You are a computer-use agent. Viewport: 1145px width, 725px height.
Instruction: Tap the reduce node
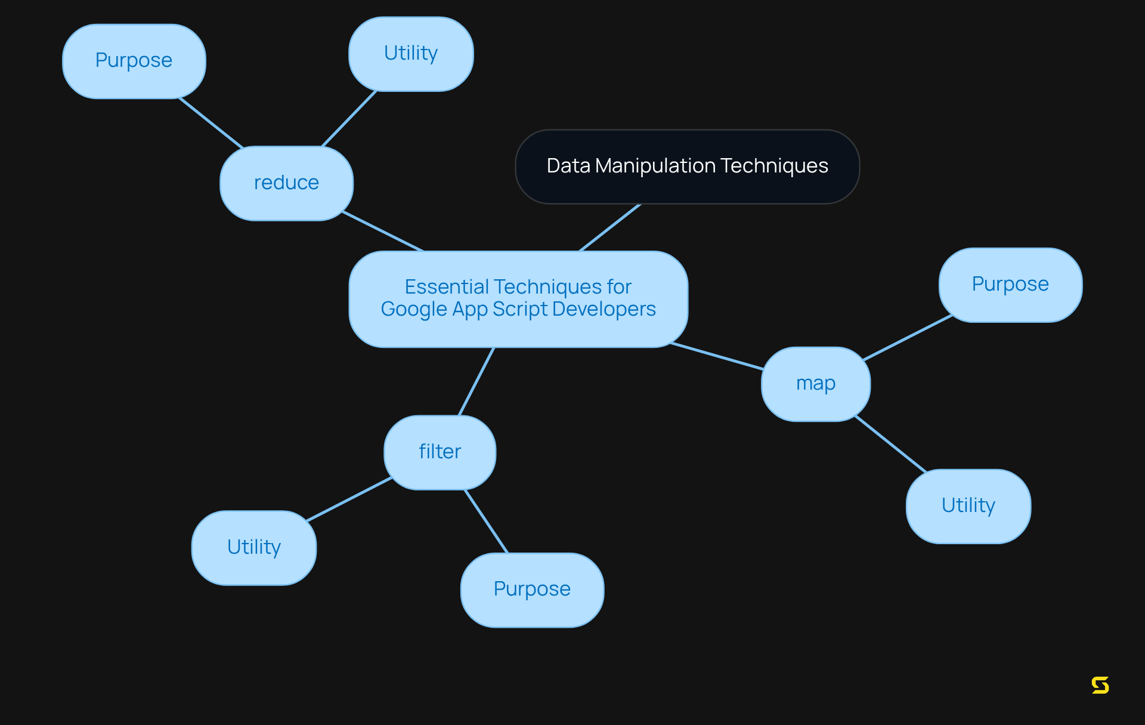pos(286,183)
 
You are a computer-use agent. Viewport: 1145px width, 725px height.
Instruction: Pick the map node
pos(815,384)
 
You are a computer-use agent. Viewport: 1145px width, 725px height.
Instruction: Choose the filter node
pos(440,452)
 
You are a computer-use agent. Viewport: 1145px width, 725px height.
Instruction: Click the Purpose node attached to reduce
pos(134,61)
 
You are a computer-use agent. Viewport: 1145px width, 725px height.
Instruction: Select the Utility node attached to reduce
pos(411,54)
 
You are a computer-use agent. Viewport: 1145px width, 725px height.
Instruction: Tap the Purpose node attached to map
pos(1010,285)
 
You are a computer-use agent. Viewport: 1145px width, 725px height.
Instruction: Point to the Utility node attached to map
pos(968,506)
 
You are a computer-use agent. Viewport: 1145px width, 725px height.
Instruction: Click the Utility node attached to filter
pos(253,547)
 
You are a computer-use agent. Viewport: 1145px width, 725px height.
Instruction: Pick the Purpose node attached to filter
pos(532,590)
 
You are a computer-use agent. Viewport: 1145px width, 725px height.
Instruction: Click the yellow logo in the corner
pos(1100,685)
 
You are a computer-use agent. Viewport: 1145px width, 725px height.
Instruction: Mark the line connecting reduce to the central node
pos(383,231)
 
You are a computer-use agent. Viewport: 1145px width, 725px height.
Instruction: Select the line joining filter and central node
pos(476,381)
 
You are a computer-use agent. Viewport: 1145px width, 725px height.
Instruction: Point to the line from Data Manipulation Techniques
pos(609,227)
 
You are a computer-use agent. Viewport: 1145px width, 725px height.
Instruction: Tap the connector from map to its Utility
pos(890,444)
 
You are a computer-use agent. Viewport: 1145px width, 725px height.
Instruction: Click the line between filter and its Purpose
pos(486,521)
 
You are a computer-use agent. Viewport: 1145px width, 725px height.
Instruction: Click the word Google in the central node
pos(413,309)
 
